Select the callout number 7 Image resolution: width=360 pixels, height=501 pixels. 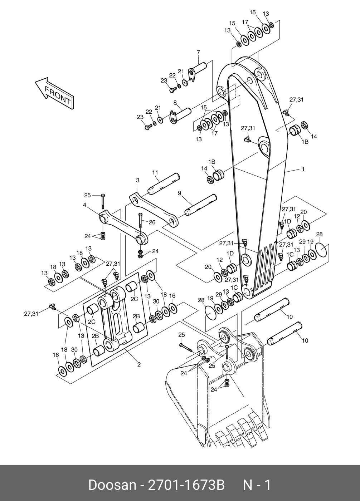(198, 52)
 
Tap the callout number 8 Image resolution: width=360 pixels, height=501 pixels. (175, 102)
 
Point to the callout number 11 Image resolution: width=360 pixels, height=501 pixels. (155, 172)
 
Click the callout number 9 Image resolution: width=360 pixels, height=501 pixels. (180, 193)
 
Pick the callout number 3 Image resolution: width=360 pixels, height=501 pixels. (138, 180)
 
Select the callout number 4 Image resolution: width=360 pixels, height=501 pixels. (84, 205)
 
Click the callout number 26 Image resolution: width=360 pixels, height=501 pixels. (152, 222)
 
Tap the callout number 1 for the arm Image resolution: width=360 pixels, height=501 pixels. (303, 169)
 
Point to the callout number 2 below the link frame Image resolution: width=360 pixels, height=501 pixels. (139, 364)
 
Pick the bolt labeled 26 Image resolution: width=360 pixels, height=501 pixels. (140, 224)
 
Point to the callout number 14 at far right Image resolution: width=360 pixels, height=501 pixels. (314, 136)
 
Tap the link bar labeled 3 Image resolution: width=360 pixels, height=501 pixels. (154, 210)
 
